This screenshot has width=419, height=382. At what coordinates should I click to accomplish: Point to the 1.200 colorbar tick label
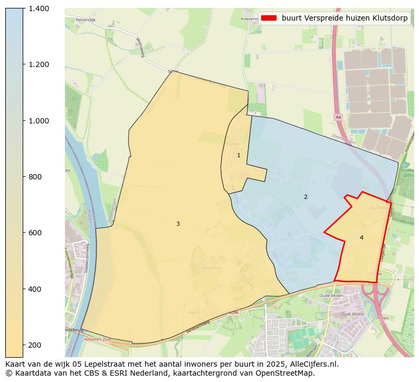(39, 64)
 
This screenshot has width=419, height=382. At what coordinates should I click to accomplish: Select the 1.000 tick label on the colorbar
(39, 121)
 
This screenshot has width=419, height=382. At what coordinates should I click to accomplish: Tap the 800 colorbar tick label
(35, 177)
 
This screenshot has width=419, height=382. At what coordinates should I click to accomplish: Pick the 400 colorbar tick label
(35, 289)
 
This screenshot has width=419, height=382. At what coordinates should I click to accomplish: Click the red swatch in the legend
(269, 18)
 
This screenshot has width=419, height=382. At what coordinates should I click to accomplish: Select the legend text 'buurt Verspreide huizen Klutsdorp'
(345, 18)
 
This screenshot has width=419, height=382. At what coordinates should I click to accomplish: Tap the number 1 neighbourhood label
(239, 155)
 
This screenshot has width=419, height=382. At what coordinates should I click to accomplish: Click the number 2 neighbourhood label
(305, 197)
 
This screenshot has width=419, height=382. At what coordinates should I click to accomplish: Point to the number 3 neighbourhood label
(178, 224)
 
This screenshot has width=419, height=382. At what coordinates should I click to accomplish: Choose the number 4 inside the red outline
(361, 237)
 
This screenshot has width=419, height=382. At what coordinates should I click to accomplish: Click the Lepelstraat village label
(292, 239)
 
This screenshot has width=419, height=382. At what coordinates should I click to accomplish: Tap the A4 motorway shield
(338, 117)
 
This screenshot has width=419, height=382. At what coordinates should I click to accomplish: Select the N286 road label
(234, 313)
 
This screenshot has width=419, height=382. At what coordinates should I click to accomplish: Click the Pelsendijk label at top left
(85, 20)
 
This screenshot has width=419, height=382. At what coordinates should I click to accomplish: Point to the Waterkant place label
(212, 268)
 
